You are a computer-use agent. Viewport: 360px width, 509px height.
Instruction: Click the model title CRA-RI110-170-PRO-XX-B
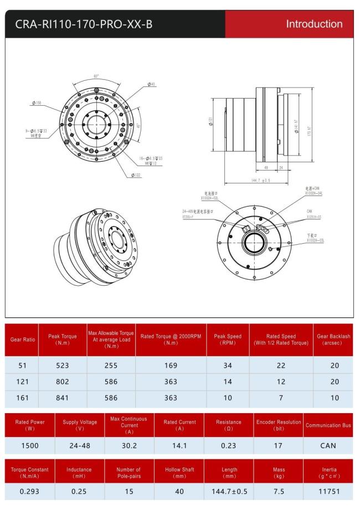click(84, 24)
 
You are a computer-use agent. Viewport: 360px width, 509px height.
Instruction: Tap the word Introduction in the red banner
click(314, 24)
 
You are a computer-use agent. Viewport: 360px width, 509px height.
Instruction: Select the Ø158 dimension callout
click(38, 102)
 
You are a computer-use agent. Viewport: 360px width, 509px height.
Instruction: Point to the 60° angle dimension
click(96, 76)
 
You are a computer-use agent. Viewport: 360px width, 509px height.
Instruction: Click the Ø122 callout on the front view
click(136, 175)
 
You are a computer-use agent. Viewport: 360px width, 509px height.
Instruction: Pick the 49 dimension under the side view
click(266, 167)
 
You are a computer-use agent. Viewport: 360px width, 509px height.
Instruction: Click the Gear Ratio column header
click(22, 340)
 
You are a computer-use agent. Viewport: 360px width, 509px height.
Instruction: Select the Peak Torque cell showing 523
click(62, 365)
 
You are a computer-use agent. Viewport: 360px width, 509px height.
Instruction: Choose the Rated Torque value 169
click(171, 365)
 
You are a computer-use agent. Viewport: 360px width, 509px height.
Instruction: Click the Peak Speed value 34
click(228, 365)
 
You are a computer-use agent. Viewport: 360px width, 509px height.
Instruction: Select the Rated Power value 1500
click(29, 445)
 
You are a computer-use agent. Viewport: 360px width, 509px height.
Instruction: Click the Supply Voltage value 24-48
click(79, 445)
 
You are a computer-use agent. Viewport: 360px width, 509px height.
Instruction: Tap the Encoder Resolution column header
click(278, 425)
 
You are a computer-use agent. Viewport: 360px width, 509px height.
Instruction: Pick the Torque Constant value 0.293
click(29, 490)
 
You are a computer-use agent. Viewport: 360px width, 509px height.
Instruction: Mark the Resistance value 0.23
click(228, 445)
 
